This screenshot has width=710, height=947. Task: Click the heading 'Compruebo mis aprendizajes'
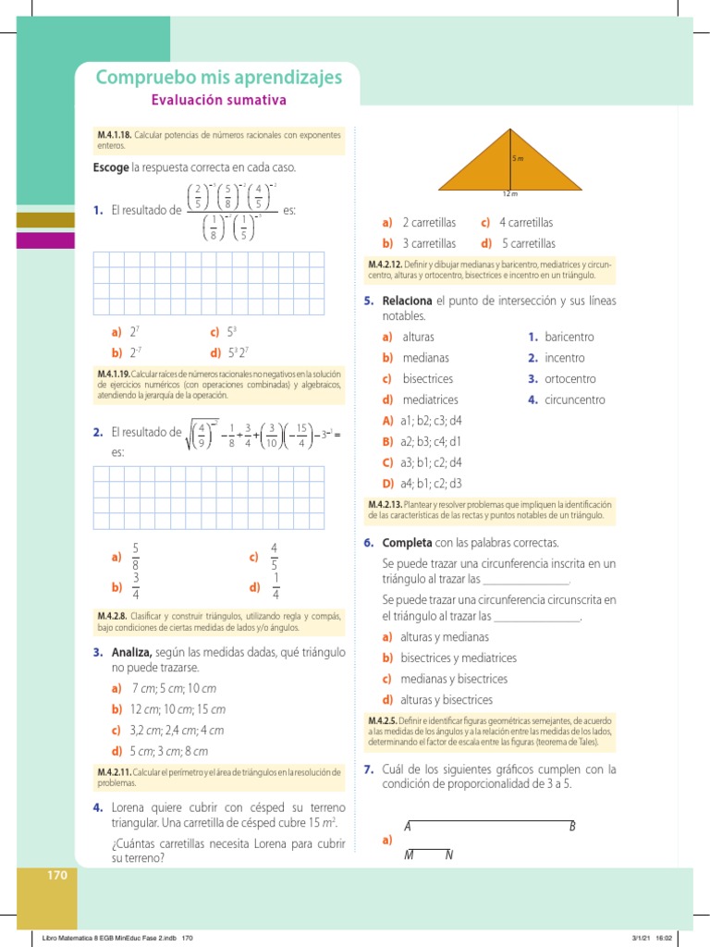(218, 77)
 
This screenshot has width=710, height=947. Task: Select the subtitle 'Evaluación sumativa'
(218, 100)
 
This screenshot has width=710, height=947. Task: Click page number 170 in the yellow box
(57, 875)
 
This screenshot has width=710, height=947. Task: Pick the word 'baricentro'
(569, 337)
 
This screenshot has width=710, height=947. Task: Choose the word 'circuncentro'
(575, 400)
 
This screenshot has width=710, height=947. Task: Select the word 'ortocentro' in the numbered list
(570, 379)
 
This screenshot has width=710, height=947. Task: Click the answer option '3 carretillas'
(429, 243)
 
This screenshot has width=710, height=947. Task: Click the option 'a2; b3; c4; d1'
(431, 441)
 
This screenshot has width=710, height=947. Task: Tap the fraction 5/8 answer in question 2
(136, 556)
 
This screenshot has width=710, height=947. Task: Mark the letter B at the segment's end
(572, 826)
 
